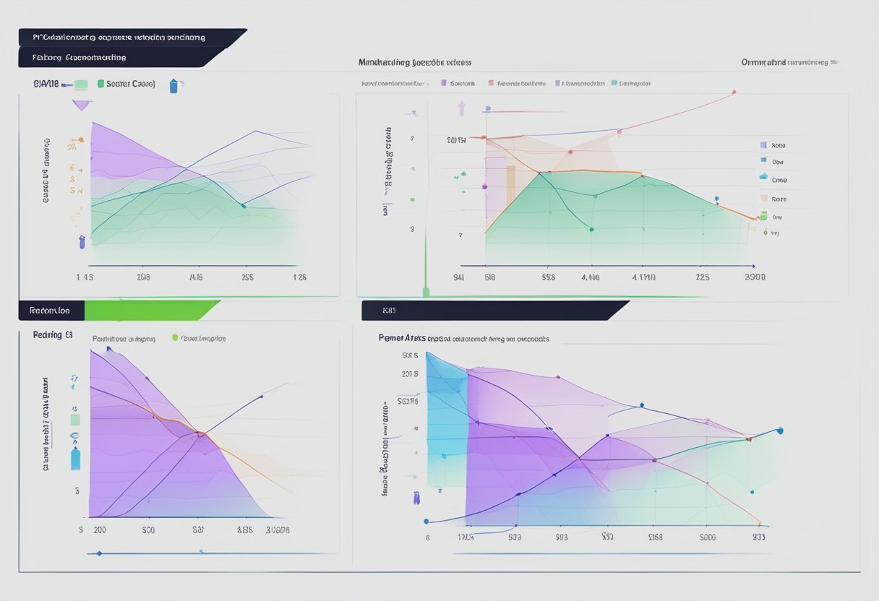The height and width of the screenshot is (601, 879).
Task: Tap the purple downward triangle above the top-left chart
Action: [x=82, y=105]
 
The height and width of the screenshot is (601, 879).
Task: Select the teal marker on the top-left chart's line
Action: [x=243, y=206]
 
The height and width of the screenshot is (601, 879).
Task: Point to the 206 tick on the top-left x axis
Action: [x=143, y=277]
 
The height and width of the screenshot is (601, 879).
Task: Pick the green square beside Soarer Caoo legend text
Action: [x=100, y=84]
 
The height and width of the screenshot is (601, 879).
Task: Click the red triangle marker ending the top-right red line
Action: [x=734, y=92]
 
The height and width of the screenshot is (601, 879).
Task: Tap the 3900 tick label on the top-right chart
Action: [x=755, y=277]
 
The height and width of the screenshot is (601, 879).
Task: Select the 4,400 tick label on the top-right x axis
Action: [x=590, y=277]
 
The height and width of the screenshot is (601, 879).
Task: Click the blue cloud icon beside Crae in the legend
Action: [x=763, y=177]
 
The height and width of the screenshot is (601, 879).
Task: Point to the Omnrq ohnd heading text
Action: [x=763, y=63]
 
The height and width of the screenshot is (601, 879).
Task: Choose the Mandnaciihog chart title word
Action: [x=383, y=63]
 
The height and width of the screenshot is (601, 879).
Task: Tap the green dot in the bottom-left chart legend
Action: [x=175, y=337]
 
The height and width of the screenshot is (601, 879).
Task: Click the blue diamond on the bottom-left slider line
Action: [x=99, y=553]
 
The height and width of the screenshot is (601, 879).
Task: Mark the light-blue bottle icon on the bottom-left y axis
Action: [x=75, y=459]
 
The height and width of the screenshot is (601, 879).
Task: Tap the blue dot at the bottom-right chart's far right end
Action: [x=779, y=431]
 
